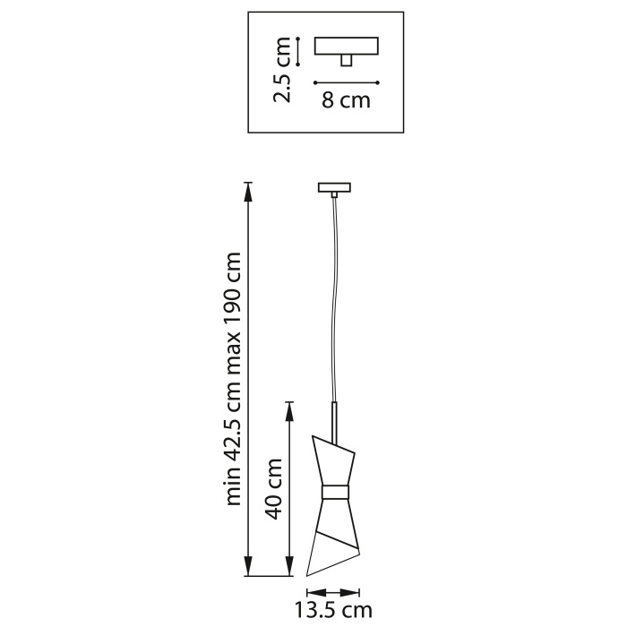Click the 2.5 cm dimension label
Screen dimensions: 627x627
click(284, 70)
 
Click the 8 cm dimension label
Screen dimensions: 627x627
click(346, 100)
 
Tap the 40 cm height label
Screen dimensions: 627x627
click(274, 488)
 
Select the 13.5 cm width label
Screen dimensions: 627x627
click(333, 611)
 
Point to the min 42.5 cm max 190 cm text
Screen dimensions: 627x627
click(234, 378)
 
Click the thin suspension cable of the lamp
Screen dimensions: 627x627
click(335, 296)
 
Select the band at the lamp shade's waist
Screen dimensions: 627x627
click(336, 492)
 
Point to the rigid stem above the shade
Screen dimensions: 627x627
click(336, 417)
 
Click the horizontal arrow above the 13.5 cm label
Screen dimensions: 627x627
click(332, 591)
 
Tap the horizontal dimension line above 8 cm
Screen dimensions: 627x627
click(347, 82)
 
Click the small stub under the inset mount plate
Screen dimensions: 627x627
click(347, 59)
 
